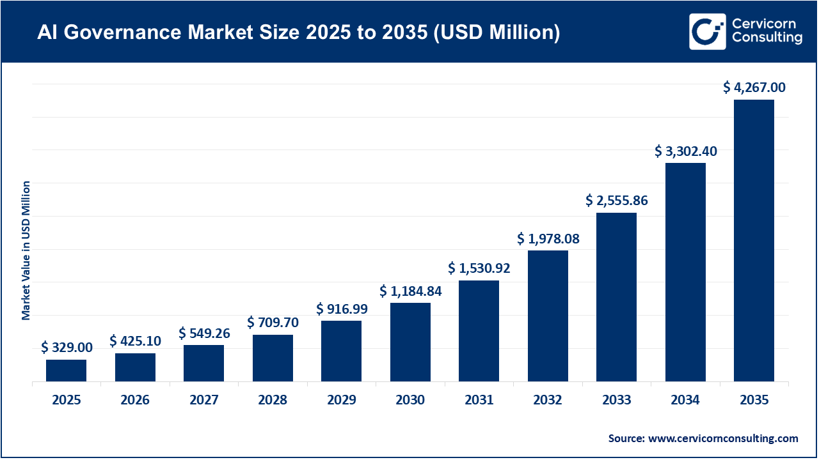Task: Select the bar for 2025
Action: point(66,371)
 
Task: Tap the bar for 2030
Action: point(410,342)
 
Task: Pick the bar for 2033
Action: point(616,297)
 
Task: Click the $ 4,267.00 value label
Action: point(754,88)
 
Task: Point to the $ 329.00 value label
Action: point(67,348)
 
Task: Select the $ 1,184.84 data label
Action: point(410,291)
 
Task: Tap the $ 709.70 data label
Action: point(273,321)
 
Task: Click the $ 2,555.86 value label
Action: point(616,201)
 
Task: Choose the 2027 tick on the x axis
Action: point(203,401)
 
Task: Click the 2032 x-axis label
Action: point(548,401)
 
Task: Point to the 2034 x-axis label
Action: point(685,401)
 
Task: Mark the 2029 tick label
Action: point(341,401)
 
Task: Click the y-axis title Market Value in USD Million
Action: point(26,250)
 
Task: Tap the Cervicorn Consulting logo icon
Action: point(707,31)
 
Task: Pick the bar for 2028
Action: point(273,358)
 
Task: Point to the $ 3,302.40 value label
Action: point(685,151)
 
